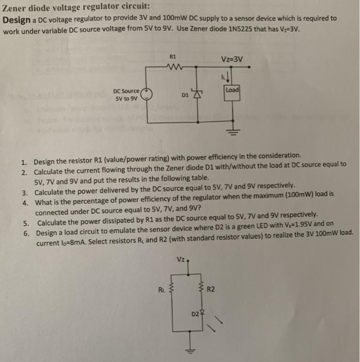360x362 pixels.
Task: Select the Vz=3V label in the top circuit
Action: pyautogui.click(x=231, y=59)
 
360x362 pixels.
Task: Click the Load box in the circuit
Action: pyautogui.click(x=232, y=90)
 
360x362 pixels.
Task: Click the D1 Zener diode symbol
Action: pyautogui.click(x=196, y=95)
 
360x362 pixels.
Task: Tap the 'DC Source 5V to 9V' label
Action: pyautogui.click(x=124, y=95)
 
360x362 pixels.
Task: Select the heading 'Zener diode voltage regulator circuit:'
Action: pyautogui.click(x=77, y=7)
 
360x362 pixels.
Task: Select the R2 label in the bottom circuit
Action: pyautogui.click(x=211, y=290)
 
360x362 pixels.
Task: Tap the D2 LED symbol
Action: pyautogui.click(x=202, y=313)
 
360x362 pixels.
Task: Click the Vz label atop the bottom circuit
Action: pyautogui.click(x=180, y=259)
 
